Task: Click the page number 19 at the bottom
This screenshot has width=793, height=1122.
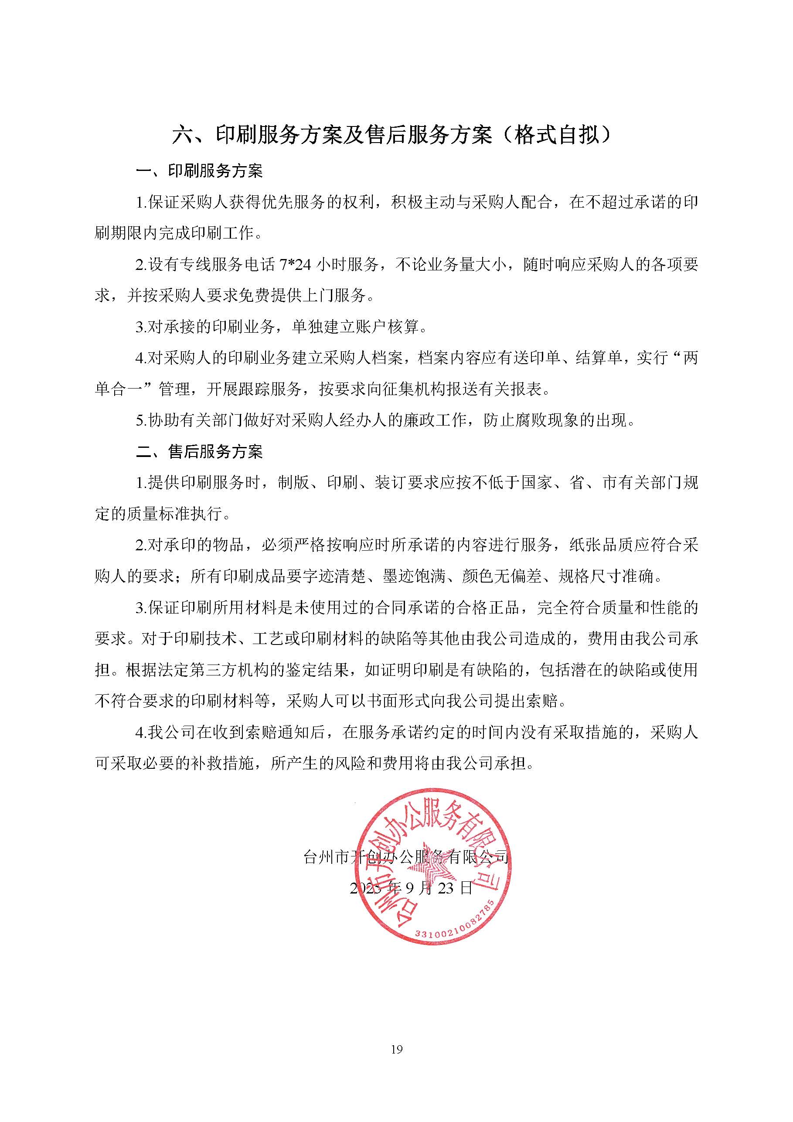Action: tap(396, 1049)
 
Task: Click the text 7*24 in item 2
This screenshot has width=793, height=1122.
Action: tap(295, 265)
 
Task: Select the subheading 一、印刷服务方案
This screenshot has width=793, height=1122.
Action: tap(199, 171)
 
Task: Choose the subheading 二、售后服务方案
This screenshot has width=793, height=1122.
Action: tap(199, 451)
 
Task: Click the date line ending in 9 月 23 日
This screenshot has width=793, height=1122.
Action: tap(411, 888)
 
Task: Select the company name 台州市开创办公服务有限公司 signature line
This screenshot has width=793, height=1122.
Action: tap(406, 857)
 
